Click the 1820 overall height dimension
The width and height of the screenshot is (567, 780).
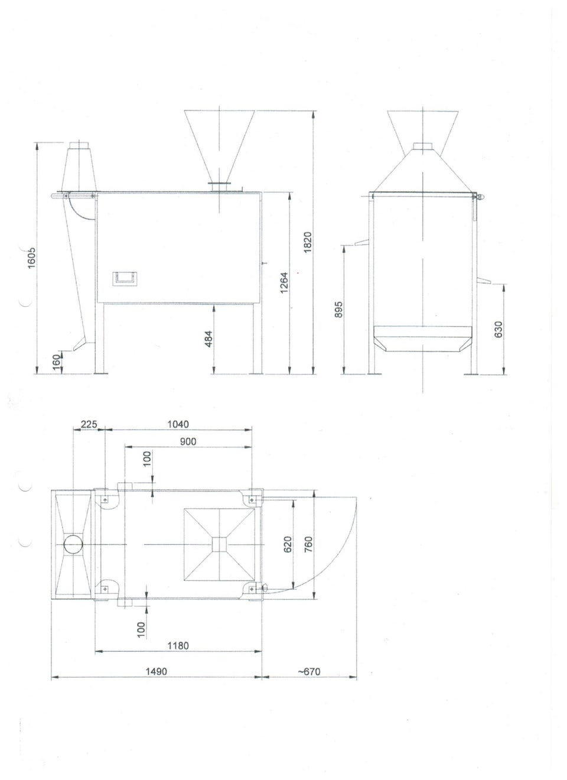(x=307, y=242)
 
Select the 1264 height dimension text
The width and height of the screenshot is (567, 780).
(x=284, y=282)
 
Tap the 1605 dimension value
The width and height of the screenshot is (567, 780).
(x=32, y=258)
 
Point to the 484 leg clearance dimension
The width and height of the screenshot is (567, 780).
(x=208, y=339)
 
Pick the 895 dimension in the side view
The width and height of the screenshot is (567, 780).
(x=338, y=309)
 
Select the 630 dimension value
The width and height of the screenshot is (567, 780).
(x=498, y=329)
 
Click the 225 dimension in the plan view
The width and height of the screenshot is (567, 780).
(x=89, y=424)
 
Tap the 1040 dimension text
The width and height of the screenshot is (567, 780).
(x=178, y=424)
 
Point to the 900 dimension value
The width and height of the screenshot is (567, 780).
(x=188, y=441)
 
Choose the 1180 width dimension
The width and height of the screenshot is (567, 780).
(x=178, y=645)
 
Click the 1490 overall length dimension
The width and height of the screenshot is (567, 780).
(x=157, y=671)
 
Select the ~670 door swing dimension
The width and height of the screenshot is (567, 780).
(x=309, y=671)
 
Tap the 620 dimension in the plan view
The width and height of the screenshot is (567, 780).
(x=288, y=544)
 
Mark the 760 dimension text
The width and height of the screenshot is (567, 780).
(x=308, y=544)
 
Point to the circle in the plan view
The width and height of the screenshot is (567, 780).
(x=73, y=544)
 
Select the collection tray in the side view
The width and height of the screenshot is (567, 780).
(x=422, y=339)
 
